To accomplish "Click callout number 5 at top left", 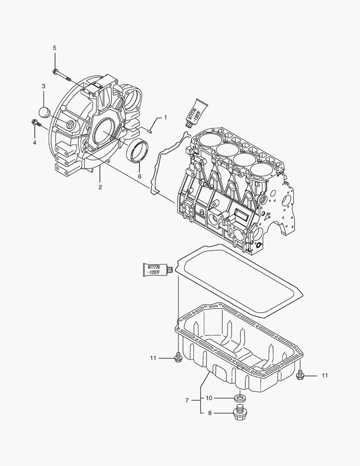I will coord(55,47).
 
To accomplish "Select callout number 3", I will coord(44,86).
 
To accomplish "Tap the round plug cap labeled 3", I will coord(45,111).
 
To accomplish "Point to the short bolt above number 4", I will coord(36,124).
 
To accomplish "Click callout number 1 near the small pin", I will coord(165,117).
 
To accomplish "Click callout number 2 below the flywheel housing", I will coord(100,187).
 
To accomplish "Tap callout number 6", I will coord(139,176).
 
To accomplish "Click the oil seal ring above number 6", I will coord(138,151).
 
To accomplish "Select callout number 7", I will coord(187,400).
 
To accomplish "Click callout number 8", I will coord(210,413).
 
